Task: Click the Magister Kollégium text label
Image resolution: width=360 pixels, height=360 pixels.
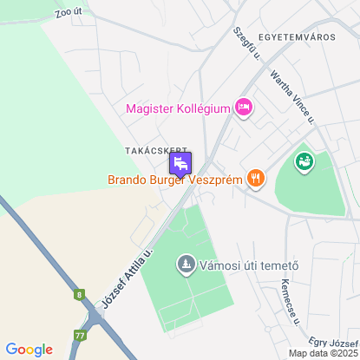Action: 178,108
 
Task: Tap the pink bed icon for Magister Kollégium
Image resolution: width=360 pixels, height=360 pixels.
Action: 244,108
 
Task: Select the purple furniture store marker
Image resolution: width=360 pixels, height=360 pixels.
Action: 180,164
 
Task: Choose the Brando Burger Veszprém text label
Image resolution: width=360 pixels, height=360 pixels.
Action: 173,180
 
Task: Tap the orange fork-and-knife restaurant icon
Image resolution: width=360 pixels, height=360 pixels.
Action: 255,180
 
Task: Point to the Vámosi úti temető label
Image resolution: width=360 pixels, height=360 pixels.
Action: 249,265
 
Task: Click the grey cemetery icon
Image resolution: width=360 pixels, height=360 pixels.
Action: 185,264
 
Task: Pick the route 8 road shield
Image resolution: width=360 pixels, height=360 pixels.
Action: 80,295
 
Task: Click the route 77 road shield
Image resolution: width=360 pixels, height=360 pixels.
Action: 81,334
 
